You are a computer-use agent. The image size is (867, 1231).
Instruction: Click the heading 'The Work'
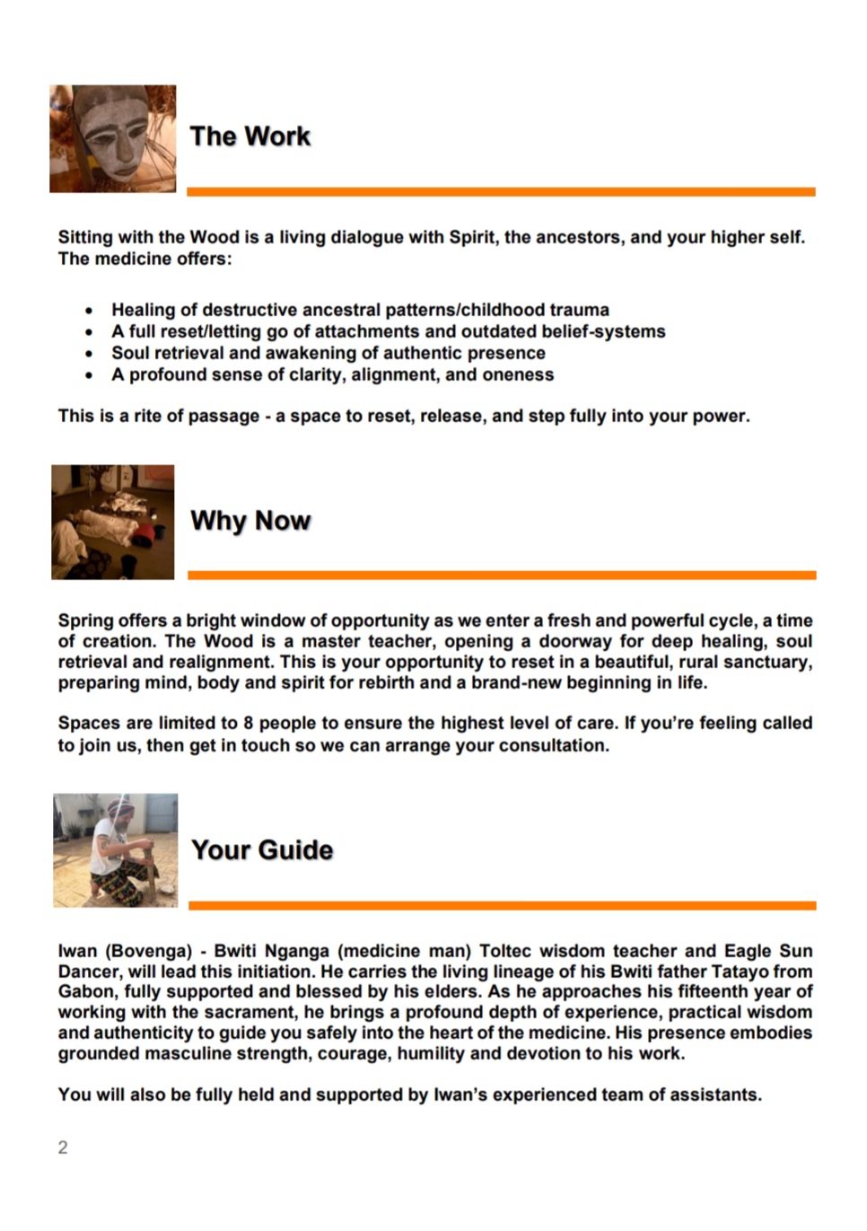click(250, 136)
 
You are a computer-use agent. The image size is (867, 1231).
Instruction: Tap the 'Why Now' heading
click(250, 521)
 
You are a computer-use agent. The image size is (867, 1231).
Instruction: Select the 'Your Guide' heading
click(262, 850)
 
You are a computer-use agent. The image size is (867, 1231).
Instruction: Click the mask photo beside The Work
click(113, 139)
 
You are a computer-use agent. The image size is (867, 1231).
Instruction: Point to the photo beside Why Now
click(113, 522)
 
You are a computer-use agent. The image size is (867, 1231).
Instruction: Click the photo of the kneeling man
click(116, 850)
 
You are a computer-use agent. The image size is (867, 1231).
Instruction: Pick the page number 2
click(63, 1147)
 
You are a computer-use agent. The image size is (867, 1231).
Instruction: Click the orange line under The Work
click(501, 191)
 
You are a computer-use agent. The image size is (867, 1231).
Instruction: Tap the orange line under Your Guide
click(502, 906)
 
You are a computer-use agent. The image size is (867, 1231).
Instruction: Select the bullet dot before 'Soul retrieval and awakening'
click(89, 354)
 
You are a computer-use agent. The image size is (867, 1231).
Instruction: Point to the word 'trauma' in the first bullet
click(579, 311)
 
